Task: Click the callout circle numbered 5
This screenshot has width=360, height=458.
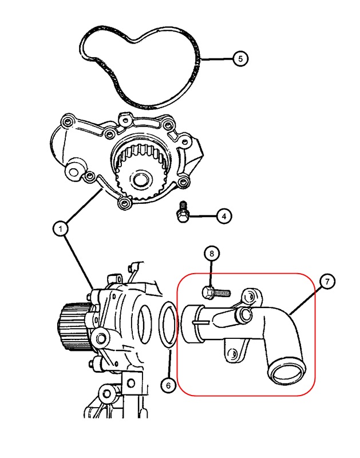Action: point(241,58)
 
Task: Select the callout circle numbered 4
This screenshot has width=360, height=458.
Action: point(224,216)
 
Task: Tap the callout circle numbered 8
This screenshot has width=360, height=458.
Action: point(211,253)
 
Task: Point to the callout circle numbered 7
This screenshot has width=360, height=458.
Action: point(326,282)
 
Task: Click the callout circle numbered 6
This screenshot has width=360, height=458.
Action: point(168,386)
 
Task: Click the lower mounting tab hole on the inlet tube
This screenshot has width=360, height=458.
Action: point(234,354)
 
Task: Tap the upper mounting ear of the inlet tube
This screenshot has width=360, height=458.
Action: point(250,296)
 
